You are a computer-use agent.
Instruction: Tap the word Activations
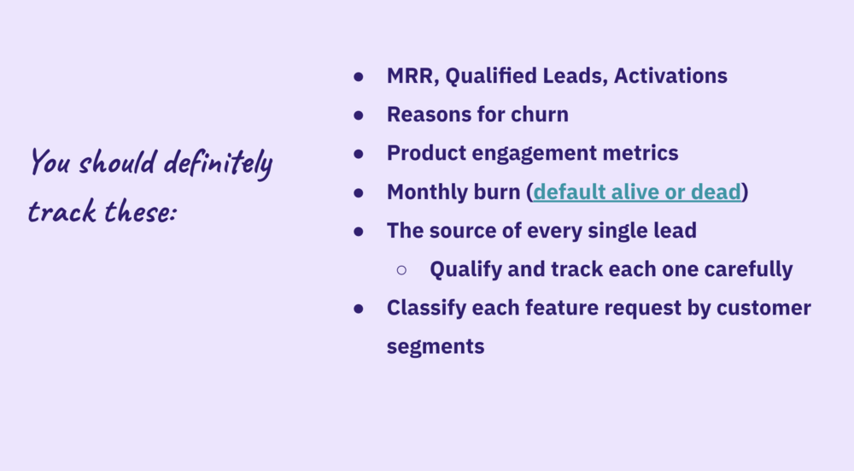[x=670, y=76]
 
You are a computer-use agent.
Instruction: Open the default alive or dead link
[x=637, y=191]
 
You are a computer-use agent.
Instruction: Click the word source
[x=462, y=231]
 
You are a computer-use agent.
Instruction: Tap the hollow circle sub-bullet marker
[x=401, y=270]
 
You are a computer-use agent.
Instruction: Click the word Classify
[x=426, y=309]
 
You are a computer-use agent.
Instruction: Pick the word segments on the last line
[x=436, y=347]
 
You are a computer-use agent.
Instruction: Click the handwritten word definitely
[x=218, y=163]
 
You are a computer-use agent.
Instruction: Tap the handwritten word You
[x=50, y=162]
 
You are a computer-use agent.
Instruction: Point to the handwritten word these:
[x=141, y=210]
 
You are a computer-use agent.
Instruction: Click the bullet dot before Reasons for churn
[x=359, y=115]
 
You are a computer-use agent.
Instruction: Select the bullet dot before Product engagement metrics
[x=359, y=154]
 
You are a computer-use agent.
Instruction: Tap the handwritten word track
[x=62, y=211]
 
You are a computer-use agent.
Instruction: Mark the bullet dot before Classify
[x=359, y=309]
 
